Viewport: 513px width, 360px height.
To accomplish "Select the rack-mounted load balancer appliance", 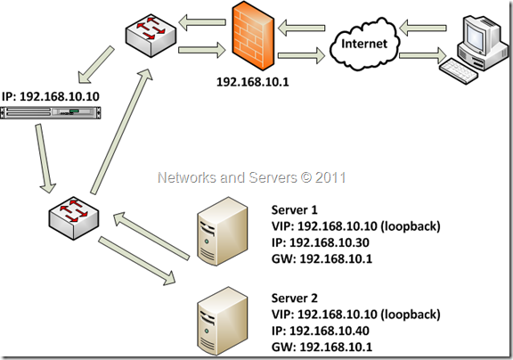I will pos(51,112).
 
